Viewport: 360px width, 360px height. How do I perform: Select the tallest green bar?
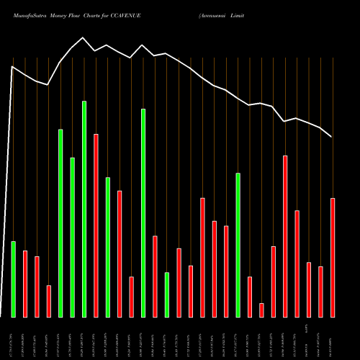(84, 209)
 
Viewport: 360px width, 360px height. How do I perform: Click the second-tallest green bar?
(143, 212)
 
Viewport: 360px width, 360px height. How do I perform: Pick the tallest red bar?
(96, 225)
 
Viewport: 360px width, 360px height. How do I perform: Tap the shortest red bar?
(261, 310)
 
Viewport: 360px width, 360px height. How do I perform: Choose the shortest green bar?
(166, 294)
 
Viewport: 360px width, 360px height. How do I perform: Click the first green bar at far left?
(13, 279)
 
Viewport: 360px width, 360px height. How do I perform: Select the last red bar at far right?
(332, 257)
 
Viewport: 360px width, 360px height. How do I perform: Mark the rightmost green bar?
(238, 245)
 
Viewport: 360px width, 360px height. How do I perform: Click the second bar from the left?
(25, 284)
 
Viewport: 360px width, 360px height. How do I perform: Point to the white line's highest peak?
(84, 37)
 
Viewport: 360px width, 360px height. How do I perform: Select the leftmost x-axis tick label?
(13, 338)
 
